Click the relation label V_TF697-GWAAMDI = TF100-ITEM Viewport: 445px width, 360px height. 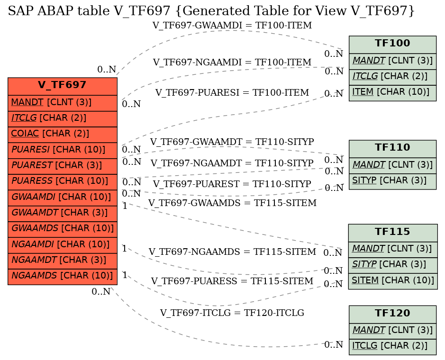click(x=232, y=26)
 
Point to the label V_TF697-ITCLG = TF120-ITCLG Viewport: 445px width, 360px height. click(x=232, y=313)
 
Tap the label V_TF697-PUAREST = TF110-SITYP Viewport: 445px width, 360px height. click(x=232, y=184)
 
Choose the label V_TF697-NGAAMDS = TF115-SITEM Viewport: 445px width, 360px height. click(x=232, y=252)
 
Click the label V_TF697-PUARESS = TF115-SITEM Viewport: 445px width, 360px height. click(x=232, y=281)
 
